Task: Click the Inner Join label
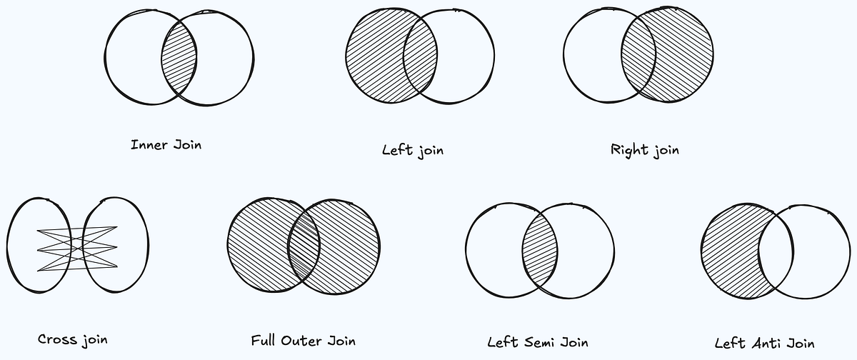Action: click(x=166, y=145)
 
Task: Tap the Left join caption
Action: click(x=413, y=150)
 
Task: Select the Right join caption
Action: click(x=645, y=150)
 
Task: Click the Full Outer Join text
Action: click(x=303, y=340)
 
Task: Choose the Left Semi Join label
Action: click(x=538, y=341)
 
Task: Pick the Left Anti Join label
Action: click(x=764, y=342)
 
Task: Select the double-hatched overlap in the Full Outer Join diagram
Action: click(x=304, y=242)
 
